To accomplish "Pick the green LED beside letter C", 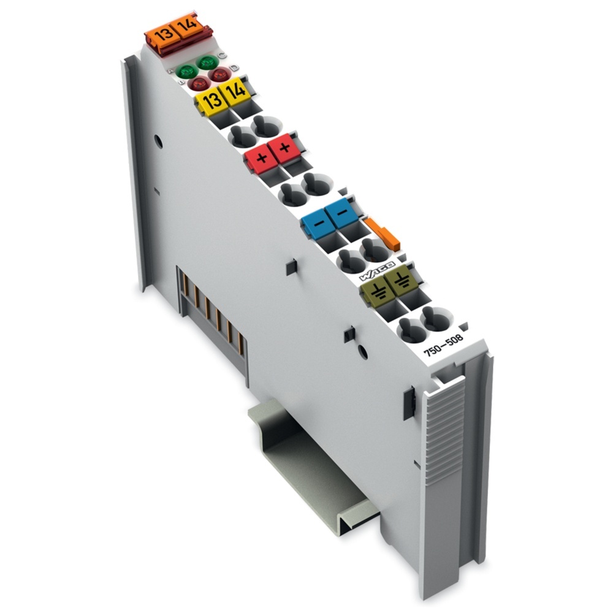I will pyautogui.click(x=207, y=62).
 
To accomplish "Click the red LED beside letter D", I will pyautogui.click(x=219, y=74).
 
